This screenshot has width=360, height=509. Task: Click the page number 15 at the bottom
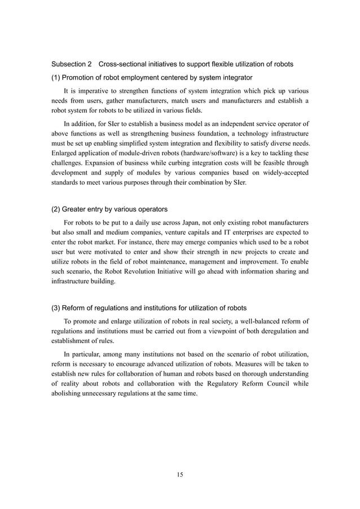pyautogui.click(x=179, y=475)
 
